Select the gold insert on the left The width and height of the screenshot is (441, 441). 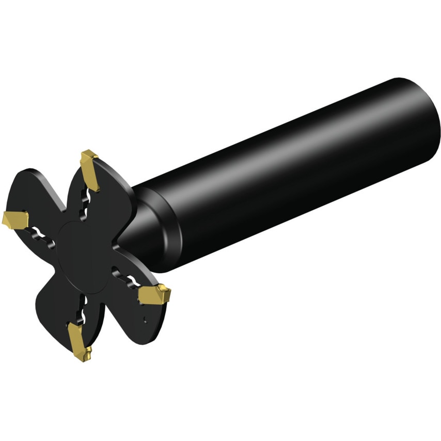(15, 219)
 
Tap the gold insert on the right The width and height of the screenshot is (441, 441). (154, 295)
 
